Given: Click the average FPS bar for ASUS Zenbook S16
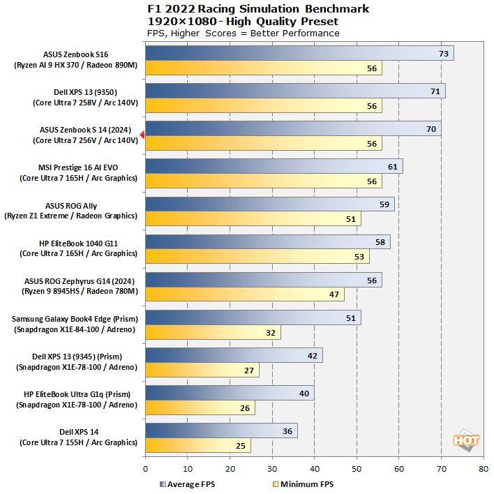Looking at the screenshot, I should (x=299, y=53).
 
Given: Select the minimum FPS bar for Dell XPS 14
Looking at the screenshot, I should (x=197, y=445).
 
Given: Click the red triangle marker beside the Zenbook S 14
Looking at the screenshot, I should (x=142, y=135).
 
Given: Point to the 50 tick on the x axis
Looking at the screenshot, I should (x=357, y=469).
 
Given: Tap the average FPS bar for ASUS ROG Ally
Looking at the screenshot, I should (x=269, y=204).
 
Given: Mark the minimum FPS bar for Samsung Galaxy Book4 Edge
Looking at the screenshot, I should (x=213, y=332).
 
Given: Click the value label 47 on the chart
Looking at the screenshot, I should (x=334, y=294).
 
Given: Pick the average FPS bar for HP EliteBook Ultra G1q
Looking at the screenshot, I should (x=230, y=393).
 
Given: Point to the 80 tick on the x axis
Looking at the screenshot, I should (x=484, y=469).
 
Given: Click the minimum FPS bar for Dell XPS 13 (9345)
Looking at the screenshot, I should (x=202, y=370).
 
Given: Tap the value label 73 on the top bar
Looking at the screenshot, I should (x=443, y=53).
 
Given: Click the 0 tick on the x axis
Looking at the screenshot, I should (x=145, y=469).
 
